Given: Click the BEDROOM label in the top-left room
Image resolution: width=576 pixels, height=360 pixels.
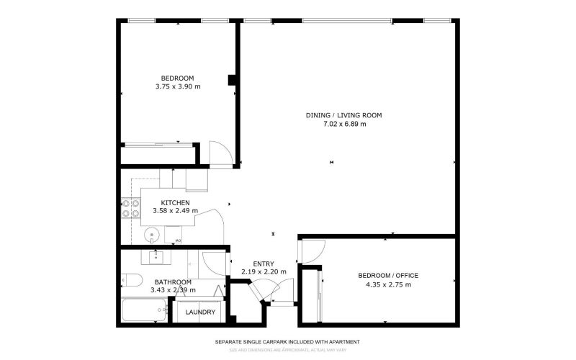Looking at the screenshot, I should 177,78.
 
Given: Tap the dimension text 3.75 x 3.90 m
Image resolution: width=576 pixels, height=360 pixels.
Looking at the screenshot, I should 177,86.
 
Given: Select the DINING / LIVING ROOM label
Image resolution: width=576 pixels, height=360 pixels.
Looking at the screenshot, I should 343,115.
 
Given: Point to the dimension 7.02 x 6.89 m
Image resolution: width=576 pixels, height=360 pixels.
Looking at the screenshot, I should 343,124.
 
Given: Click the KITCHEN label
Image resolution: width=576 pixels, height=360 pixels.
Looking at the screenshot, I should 175,202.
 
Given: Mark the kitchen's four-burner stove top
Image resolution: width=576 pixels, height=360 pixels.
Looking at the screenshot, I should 130,208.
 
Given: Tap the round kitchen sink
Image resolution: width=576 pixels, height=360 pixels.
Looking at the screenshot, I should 152,235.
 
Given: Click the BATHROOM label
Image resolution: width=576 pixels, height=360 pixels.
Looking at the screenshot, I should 173,282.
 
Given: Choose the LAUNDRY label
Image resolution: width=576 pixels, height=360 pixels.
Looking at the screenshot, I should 200,312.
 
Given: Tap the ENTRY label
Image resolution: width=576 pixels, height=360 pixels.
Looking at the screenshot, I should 264,264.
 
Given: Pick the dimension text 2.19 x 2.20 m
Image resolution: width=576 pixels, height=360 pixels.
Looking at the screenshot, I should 264,272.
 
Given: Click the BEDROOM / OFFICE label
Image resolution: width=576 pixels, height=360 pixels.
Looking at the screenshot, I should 388,276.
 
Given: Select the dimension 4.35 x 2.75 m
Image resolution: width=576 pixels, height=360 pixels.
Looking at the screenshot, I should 388,284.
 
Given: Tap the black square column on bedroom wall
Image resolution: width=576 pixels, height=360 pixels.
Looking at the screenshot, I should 232,80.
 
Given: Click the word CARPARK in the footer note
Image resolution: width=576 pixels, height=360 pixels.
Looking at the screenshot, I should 282,341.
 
